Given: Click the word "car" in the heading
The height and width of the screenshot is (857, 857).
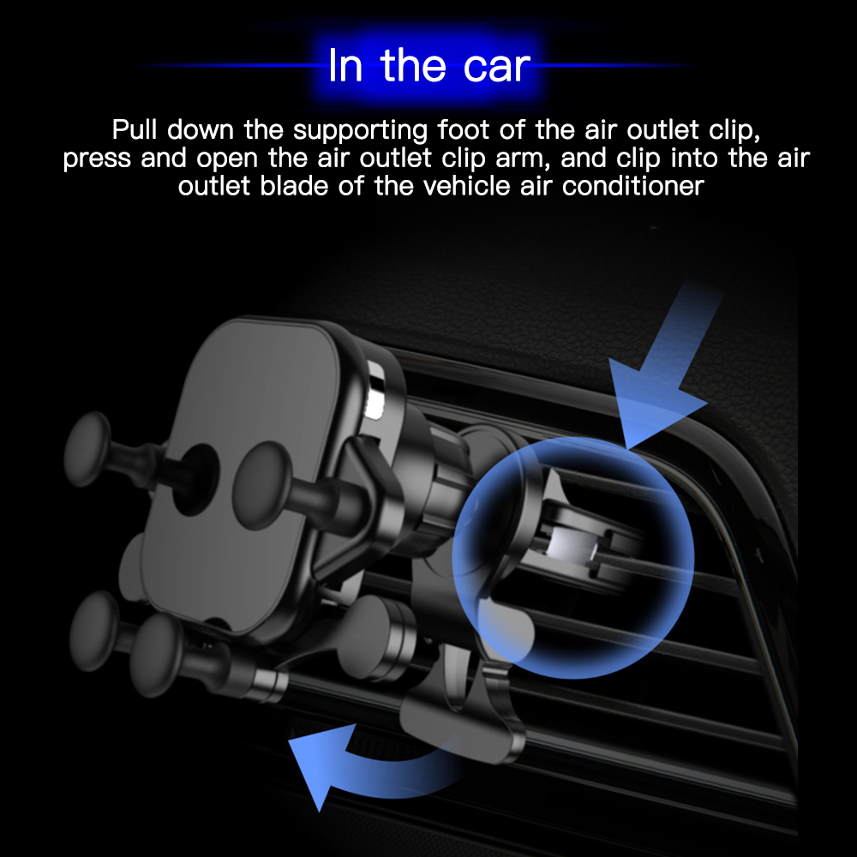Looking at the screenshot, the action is click(497, 67).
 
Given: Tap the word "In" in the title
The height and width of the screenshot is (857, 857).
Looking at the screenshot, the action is click(345, 65).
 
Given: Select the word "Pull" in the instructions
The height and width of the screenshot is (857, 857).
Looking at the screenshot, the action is click(135, 129).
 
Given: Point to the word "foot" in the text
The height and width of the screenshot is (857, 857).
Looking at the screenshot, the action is click(464, 129).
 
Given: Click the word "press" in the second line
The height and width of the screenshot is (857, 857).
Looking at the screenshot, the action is click(97, 159).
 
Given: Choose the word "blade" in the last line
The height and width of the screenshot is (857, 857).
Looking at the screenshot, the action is click(294, 186).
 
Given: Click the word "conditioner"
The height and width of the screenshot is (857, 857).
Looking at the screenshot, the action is click(633, 186).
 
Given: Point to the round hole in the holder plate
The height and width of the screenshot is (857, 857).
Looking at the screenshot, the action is click(196, 480).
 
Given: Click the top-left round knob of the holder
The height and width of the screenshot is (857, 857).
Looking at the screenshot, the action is click(87, 449).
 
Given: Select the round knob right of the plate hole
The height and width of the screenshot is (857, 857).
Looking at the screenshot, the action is click(261, 486).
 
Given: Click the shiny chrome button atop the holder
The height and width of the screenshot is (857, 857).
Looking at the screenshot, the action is click(375, 390).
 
